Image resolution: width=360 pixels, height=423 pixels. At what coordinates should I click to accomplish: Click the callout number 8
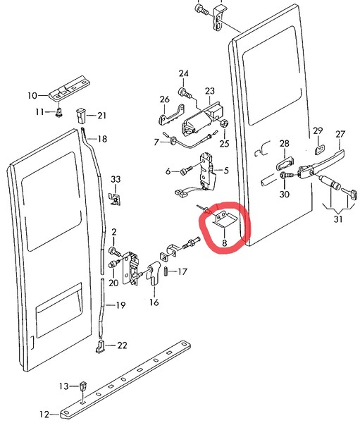[x=225, y=243]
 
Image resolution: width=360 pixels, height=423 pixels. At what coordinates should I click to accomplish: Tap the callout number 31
[x=338, y=219]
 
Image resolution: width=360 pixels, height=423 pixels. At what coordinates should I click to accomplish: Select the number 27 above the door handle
[x=340, y=134]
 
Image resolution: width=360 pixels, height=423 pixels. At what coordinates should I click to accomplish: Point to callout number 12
[x=44, y=414]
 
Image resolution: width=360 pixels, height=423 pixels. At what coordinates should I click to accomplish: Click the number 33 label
[x=116, y=179]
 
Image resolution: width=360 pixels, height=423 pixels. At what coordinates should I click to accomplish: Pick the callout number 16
[x=154, y=302]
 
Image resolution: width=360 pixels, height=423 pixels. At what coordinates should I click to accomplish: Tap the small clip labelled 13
[x=83, y=386]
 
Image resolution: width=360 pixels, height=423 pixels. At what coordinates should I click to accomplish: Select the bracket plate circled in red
[x=223, y=218]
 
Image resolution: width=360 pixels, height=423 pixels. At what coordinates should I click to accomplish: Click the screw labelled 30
[x=287, y=176]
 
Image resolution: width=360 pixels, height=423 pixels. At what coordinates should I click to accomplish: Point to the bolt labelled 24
[x=185, y=94]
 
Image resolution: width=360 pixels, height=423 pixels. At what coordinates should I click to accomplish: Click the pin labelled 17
[x=166, y=271]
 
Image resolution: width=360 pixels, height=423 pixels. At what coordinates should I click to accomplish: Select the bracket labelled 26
[x=171, y=114]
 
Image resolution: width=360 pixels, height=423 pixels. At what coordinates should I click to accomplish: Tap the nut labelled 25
[x=224, y=123]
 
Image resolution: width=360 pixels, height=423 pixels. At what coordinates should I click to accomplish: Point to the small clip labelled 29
[x=320, y=149]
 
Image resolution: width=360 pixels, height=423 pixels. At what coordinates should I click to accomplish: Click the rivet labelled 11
[x=58, y=112]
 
